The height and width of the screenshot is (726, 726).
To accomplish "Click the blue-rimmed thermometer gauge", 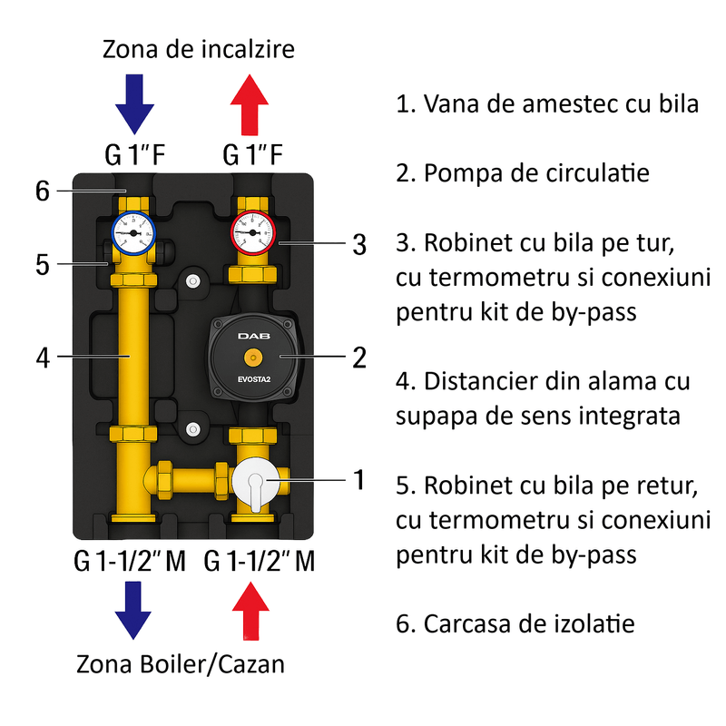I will coord(134,233).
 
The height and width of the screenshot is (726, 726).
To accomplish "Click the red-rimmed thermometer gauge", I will coord(253,232).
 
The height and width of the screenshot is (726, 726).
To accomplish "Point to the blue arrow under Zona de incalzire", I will coord(134,103).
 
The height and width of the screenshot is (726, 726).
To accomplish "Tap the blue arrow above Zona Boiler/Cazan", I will coord(134,609).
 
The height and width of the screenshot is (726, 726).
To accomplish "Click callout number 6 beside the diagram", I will coord(40,191).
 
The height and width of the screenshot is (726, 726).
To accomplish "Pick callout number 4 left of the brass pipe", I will coord(40,358).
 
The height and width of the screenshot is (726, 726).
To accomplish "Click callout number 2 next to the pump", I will coord(359,358).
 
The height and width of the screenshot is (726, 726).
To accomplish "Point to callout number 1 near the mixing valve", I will coord(359,478).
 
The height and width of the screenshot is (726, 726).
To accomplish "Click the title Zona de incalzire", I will coord(199,48).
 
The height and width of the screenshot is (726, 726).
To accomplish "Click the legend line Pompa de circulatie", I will coord(523,172).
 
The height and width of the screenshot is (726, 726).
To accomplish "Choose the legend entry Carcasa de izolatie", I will coord(515,623).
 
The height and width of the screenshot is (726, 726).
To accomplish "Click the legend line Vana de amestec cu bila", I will coord(547,103).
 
